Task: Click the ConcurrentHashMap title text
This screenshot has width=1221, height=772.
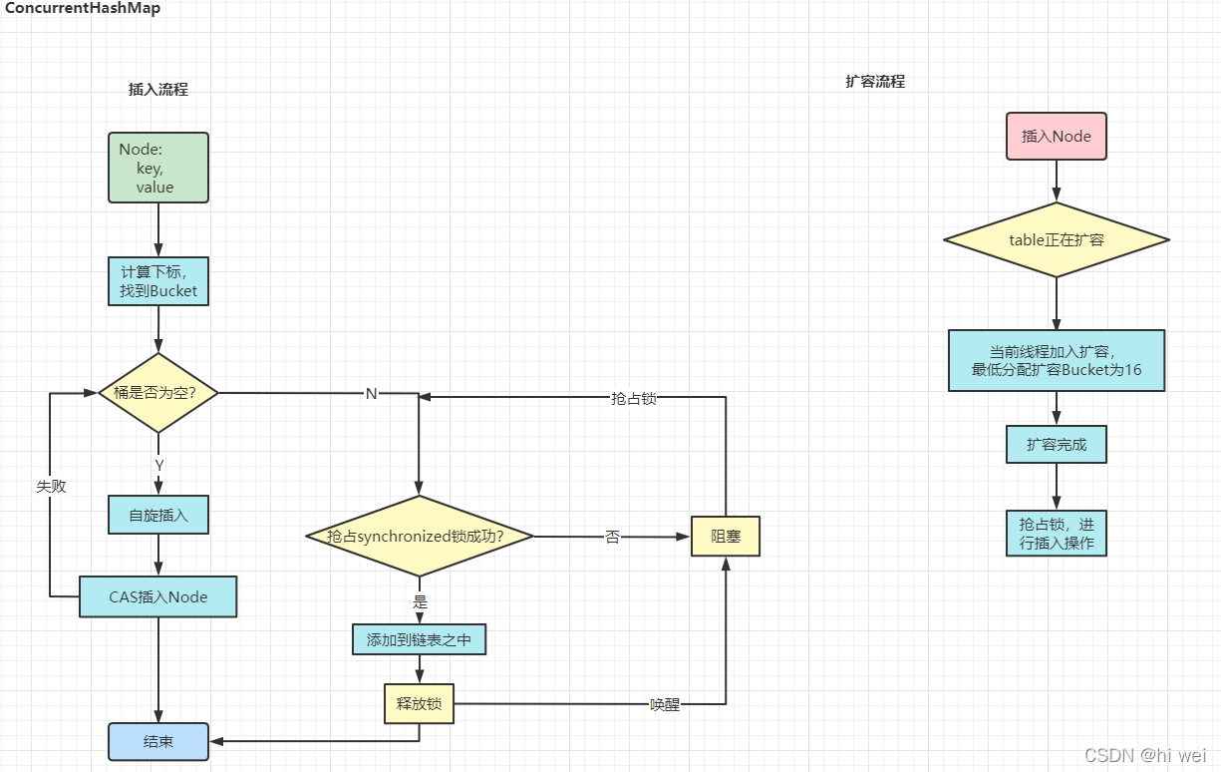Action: (x=83, y=9)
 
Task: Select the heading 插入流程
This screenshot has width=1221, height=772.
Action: (x=157, y=90)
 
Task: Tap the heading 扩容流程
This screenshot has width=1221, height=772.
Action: (x=874, y=82)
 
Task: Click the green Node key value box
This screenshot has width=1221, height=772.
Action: (x=158, y=168)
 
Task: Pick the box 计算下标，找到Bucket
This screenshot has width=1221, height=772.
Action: (x=158, y=281)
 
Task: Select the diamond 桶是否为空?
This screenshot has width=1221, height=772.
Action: (x=157, y=393)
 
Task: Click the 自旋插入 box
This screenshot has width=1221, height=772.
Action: (x=158, y=517)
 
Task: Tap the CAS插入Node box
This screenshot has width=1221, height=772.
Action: (x=158, y=596)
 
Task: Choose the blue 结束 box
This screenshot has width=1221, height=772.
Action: (x=158, y=741)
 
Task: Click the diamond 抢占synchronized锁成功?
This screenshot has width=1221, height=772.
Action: (x=419, y=537)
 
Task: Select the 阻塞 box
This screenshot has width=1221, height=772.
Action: (x=726, y=537)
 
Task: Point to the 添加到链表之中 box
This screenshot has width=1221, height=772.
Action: (x=419, y=639)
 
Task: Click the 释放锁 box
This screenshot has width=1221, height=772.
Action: (x=419, y=703)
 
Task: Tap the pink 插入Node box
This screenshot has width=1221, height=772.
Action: (x=1057, y=136)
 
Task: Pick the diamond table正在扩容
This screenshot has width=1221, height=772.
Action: (x=1057, y=240)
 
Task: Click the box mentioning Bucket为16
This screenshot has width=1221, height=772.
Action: (x=1057, y=360)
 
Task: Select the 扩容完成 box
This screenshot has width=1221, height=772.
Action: (x=1057, y=445)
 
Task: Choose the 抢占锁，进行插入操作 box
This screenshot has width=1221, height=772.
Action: (x=1057, y=534)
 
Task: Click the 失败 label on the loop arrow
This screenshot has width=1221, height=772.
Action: (x=51, y=487)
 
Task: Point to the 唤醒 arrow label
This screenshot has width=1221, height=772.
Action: (x=665, y=705)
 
